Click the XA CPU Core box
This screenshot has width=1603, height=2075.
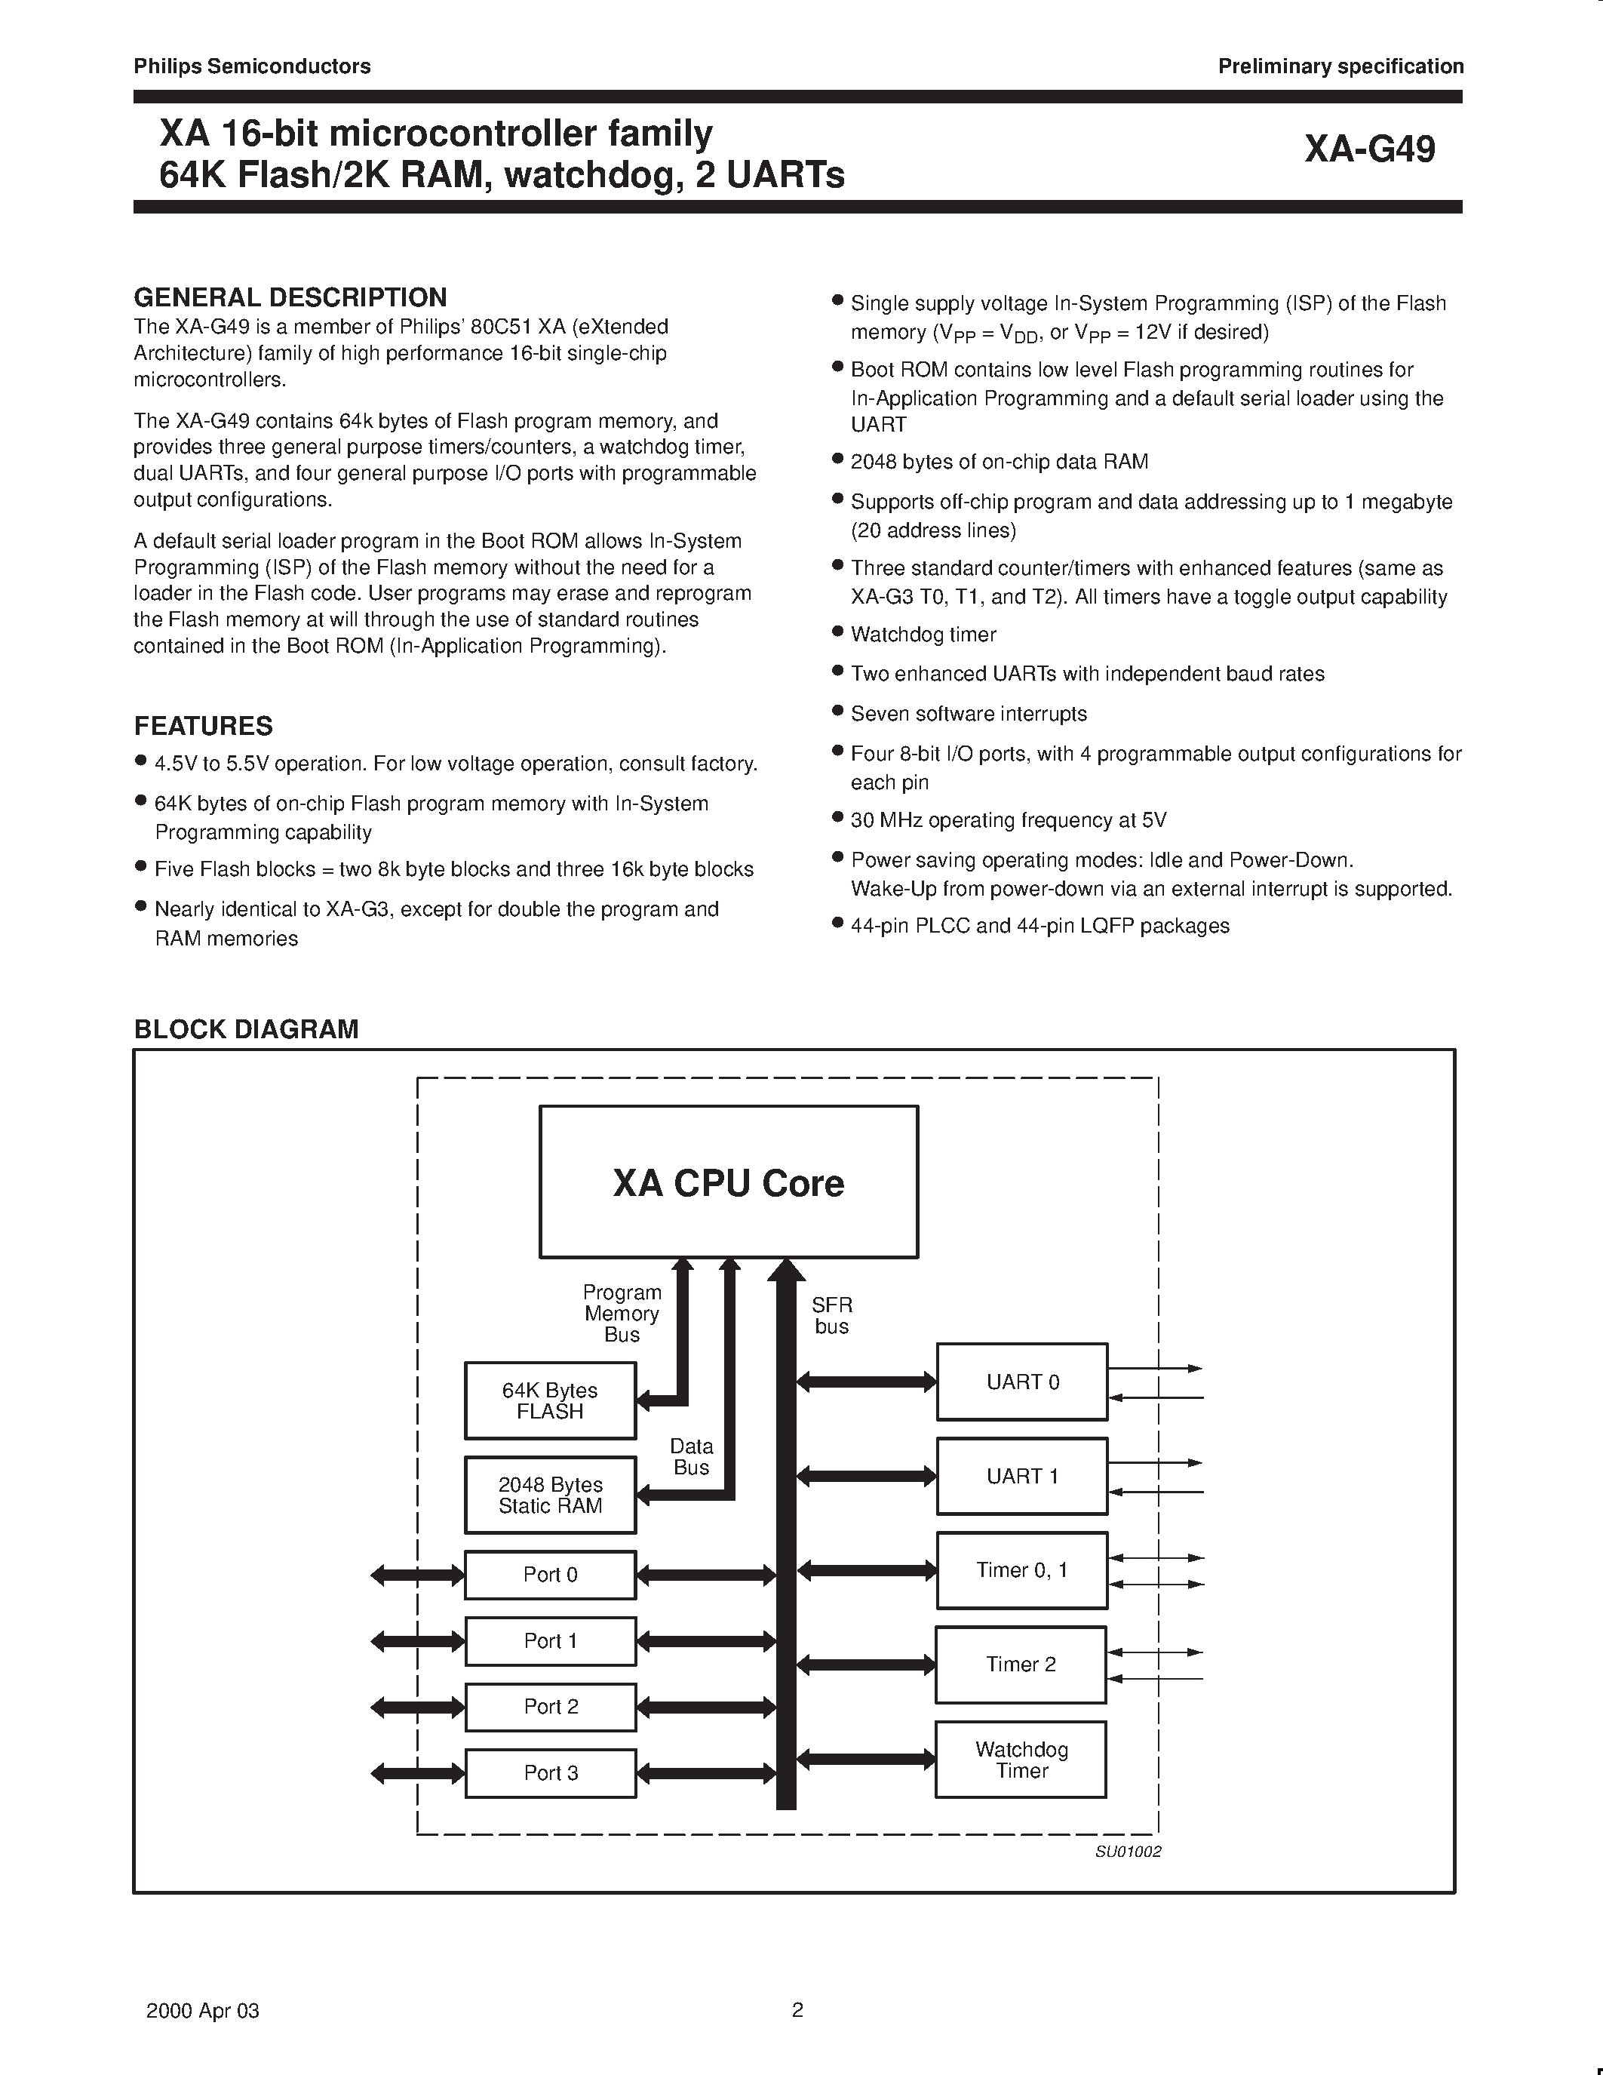point(729,1182)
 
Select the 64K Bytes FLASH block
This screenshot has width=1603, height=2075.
point(550,1400)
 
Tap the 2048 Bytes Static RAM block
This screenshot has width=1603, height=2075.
point(550,1495)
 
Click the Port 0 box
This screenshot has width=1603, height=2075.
point(550,1574)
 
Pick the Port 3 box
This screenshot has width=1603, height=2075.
point(550,1773)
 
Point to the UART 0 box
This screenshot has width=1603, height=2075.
point(1022,1382)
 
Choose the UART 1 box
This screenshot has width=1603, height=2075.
point(1022,1475)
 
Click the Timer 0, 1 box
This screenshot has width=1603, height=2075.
point(1022,1569)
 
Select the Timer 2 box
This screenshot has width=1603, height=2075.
point(1021,1665)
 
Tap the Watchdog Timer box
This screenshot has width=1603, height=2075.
point(1021,1760)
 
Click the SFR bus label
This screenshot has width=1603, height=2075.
point(832,1316)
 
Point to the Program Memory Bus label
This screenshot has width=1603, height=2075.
point(622,1313)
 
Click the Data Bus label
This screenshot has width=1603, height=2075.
point(690,1456)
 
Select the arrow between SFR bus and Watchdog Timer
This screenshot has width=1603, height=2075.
point(866,1760)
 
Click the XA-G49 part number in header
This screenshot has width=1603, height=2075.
point(1369,149)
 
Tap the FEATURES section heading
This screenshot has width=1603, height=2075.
point(203,726)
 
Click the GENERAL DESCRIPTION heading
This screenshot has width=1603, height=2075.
point(290,297)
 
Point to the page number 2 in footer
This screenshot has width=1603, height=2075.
point(797,2009)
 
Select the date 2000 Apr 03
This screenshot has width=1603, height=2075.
point(202,2010)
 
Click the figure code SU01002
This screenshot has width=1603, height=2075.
point(1129,1852)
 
